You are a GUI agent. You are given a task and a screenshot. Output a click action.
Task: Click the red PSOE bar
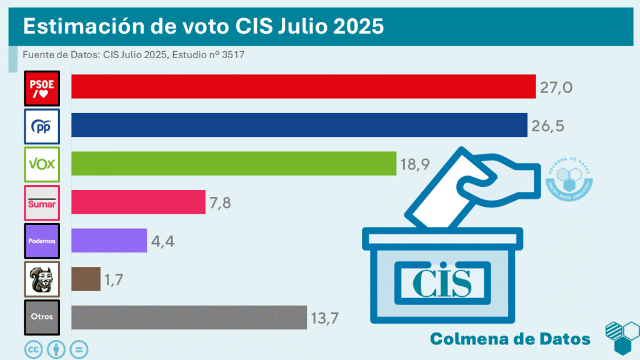point(304,86)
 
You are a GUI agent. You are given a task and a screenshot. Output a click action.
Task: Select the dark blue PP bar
point(299,125)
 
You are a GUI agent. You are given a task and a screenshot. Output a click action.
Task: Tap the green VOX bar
point(234,163)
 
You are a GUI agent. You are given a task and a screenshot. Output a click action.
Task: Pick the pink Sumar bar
point(138,202)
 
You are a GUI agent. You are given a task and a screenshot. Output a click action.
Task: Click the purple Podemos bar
point(109,241)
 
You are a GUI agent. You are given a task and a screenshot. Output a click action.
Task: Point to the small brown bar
point(86,279)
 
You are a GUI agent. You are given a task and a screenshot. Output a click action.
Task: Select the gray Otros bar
point(189,317)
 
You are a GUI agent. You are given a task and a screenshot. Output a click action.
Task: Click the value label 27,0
point(556,87)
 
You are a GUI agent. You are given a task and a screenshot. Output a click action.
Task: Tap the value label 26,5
point(547,126)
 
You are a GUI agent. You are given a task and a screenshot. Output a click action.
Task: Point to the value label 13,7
point(324,319)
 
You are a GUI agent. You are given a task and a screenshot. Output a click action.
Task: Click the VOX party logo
point(42,164)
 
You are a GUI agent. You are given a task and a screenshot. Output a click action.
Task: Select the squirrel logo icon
point(42,279)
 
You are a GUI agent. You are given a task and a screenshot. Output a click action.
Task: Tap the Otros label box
point(42,317)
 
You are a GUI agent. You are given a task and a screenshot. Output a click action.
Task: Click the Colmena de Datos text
point(510,339)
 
